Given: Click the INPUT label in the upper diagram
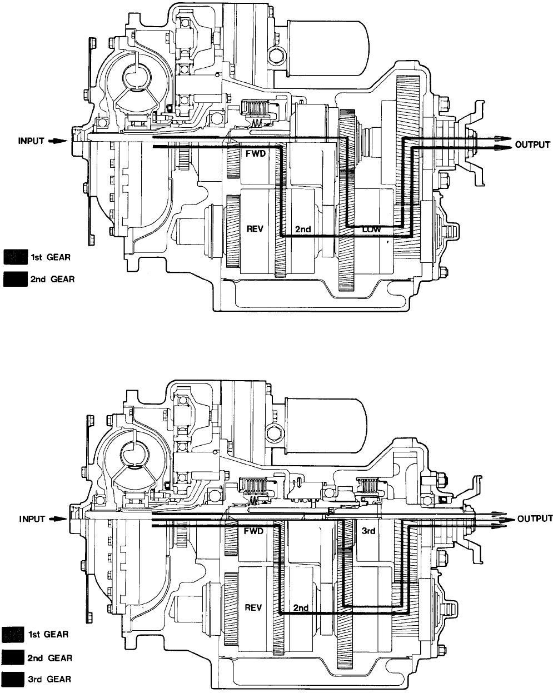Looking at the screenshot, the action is [x=31, y=141].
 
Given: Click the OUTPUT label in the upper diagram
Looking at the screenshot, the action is [x=532, y=144].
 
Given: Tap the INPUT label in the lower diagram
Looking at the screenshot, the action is [x=32, y=519].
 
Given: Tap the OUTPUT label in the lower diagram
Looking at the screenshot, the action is [x=535, y=518].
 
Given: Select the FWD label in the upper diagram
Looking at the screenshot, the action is [x=256, y=153].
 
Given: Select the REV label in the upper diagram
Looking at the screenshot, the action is [x=255, y=228].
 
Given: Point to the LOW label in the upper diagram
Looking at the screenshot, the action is [x=371, y=230].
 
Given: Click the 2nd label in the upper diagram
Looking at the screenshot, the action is [x=303, y=229].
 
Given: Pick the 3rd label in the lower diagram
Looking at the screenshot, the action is [x=368, y=531].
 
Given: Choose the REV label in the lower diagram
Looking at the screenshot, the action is [x=253, y=607].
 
